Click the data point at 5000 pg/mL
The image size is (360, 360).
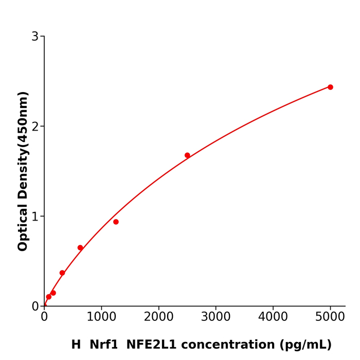point(330,87)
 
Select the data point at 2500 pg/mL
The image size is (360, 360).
point(187,155)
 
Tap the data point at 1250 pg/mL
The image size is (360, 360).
point(116,222)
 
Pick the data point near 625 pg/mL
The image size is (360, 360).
point(80,248)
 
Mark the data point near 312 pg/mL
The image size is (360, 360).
point(62,273)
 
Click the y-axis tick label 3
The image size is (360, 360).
point(35,37)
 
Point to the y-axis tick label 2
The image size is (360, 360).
point(35,127)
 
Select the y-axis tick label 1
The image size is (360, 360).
point(35,217)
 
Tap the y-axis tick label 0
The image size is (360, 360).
point(35,307)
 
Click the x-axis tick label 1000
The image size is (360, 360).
point(101,317)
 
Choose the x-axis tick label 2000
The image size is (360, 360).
point(158,317)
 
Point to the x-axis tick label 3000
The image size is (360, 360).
point(215,317)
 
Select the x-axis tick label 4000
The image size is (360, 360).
point(273,317)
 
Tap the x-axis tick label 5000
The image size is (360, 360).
point(330,317)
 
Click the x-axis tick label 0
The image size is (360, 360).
point(44,317)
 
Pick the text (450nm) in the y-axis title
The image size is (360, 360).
point(23,119)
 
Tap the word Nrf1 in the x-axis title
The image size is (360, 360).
point(103,345)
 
